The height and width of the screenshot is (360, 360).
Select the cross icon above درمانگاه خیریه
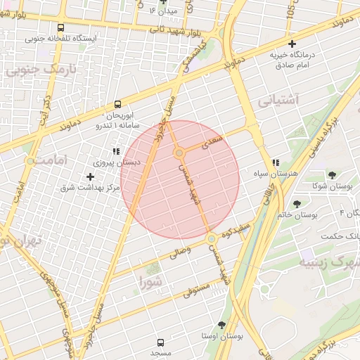(x=292, y=44)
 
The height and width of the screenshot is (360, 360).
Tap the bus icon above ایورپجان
(x=117, y=104)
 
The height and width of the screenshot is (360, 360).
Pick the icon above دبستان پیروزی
(x=115, y=151)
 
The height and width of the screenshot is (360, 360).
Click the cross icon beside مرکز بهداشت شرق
(x=90, y=176)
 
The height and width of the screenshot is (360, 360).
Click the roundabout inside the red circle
(x=180, y=153)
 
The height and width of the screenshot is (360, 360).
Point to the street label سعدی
(x=212, y=142)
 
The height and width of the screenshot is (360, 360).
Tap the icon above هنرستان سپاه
(x=276, y=162)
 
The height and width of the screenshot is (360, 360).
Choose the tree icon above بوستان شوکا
(x=332, y=175)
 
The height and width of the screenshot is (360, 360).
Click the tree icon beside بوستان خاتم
(x=297, y=205)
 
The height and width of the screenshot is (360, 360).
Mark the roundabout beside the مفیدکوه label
(x=211, y=240)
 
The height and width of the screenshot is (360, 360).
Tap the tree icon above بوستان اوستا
(x=221, y=326)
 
